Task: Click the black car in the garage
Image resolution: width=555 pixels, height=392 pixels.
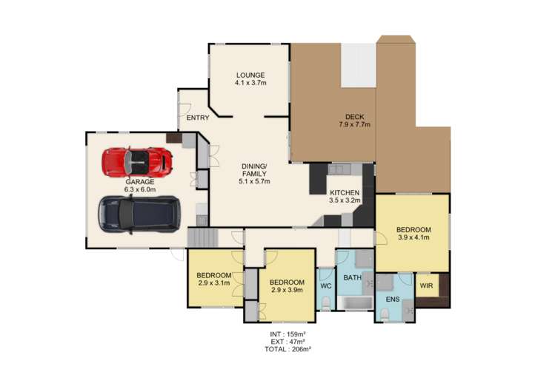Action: [x=139, y=212]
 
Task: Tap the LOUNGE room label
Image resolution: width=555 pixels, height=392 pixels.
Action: [x=250, y=75]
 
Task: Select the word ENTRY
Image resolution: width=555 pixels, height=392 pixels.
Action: [x=197, y=118]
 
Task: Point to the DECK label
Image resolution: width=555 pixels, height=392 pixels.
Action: [x=354, y=115]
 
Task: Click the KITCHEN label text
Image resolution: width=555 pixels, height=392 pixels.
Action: [x=345, y=191]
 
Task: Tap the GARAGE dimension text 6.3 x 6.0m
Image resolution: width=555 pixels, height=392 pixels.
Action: [x=139, y=189]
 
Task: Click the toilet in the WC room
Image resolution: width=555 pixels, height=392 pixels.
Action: [x=327, y=300]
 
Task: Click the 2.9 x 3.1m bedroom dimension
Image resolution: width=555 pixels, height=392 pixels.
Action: [x=215, y=283]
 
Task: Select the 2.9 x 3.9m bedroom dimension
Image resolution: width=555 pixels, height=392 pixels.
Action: [x=286, y=291]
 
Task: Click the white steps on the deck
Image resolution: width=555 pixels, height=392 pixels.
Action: [x=357, y=65]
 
